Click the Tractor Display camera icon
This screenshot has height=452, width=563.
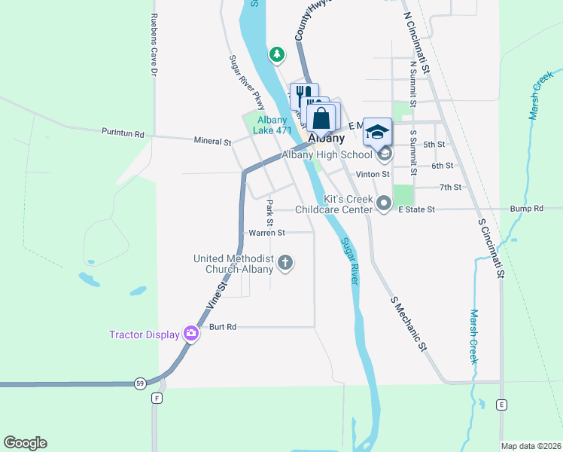tap(190, 334)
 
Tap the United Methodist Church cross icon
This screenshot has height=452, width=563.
tap(285, 263)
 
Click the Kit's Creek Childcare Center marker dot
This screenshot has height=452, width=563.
tap(385, 203)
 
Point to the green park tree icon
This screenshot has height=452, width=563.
tap(278, 54)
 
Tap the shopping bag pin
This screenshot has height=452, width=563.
tap(321, 118)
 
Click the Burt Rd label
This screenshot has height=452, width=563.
tap(223, 327)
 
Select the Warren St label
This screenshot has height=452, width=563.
tap(266, 233)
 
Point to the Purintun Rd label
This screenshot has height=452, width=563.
tap(123, 133)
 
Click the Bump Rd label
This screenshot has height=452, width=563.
tap(526, 209)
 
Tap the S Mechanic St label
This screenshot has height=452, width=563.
tap(409, 324)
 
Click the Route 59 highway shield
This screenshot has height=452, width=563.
tap(141, 383)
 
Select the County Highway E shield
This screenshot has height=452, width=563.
tap(501, 405)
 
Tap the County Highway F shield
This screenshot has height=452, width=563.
tap(157, 398)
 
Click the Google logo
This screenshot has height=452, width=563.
tap(25, 443)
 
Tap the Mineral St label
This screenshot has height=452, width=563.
tap(212, 142)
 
